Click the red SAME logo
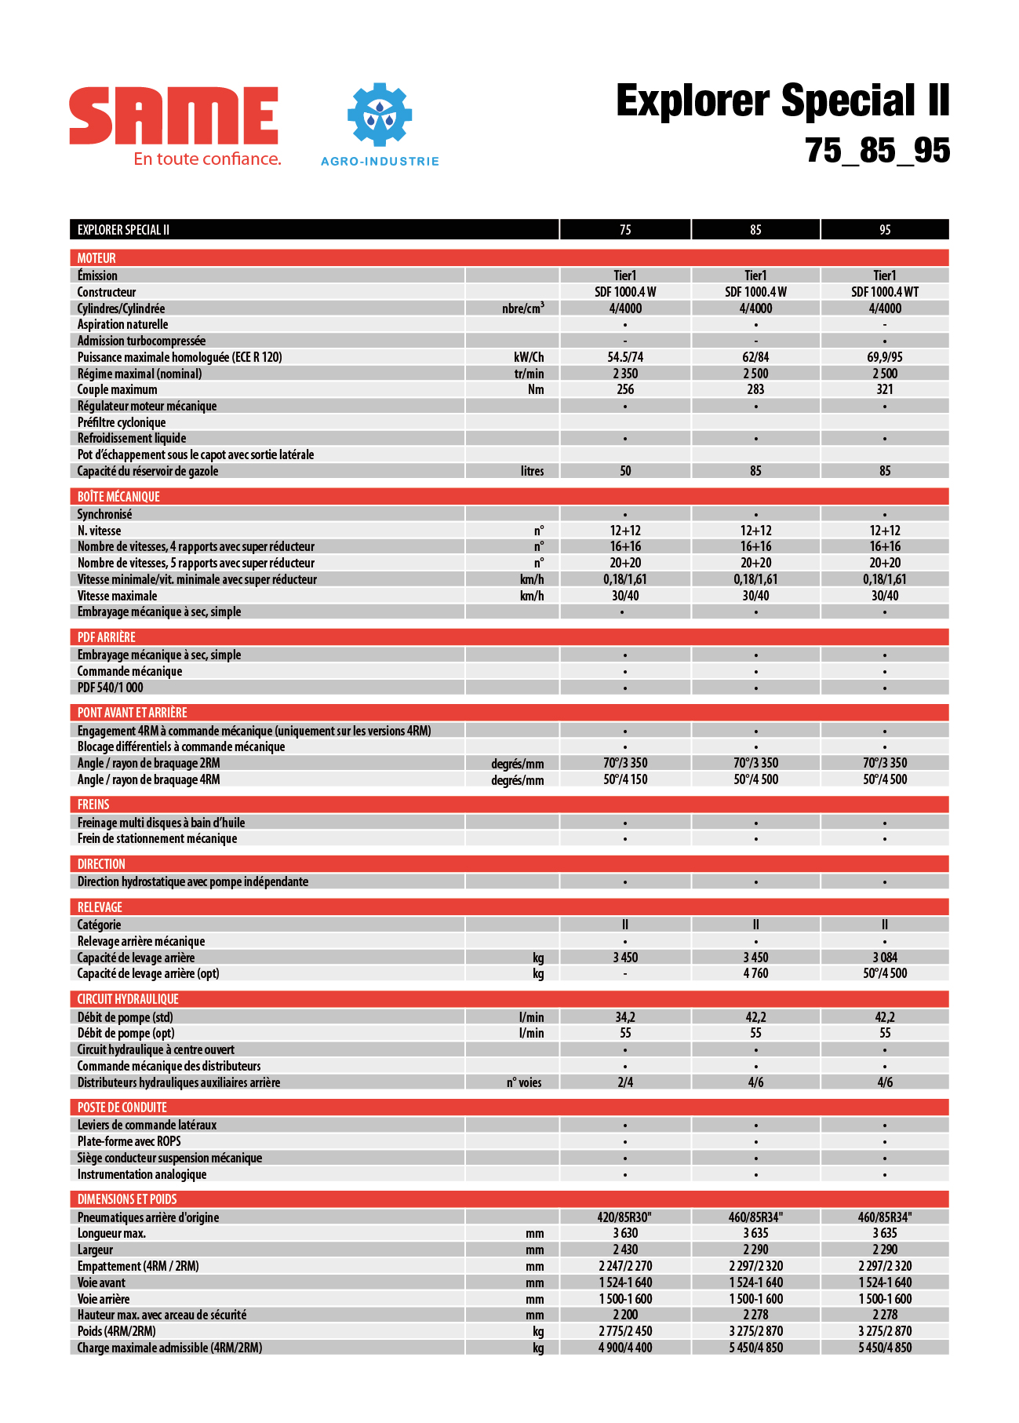[x=173, y=115]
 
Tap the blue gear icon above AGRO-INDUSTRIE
[x=380, y=115]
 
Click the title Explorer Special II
[x=782, y=101]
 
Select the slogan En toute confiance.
[x=207, y=159]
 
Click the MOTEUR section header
[x=96, y=258]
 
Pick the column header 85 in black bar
[x=755, y=230]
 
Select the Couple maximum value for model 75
[x=625, y=389]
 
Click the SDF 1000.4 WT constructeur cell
[x=884, y=292]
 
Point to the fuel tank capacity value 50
[x=625, y=471]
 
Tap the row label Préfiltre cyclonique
[x=122, y=422]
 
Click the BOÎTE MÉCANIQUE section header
[x=118, y=497]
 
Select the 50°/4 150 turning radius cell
[x=625, y=779]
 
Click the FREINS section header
[x=93, y=805]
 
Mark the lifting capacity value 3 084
[x=885, y=958]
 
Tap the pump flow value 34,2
[x=625, y=1017]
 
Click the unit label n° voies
[x=524, y=1082]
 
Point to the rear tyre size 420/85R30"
[x=625, y=1217]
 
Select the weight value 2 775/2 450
[x=625, y=1331]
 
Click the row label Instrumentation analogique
[x=142, y=1174]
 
